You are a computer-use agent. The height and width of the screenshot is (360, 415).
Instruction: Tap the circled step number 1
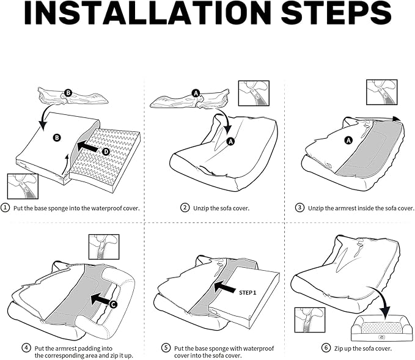point(6,208)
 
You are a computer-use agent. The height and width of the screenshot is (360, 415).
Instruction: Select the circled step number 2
point(185,208)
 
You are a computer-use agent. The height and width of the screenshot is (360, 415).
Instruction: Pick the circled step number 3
point(299,208)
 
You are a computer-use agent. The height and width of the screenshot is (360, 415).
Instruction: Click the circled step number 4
point(26,347)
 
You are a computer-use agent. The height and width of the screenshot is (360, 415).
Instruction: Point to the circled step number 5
point(166,347)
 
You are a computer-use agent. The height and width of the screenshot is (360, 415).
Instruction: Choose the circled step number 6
point(326,348)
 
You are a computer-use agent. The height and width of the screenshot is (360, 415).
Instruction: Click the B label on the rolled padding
point(68,93)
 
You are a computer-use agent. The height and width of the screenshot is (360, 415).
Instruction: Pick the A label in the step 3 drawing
point(349,140)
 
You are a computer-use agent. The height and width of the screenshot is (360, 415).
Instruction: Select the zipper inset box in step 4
point(104,247)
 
